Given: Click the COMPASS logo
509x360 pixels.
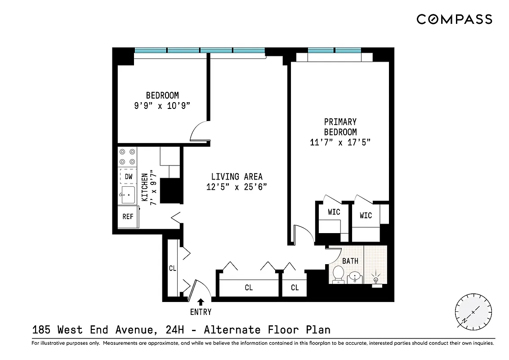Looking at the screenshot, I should pos(454,19).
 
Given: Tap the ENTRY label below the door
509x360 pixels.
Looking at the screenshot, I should pos(201,312).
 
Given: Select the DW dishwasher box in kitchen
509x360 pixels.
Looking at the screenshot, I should pos(128,176).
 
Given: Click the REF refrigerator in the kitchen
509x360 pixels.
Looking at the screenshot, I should pos(128,216).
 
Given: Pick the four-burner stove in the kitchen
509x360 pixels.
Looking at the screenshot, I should pos(127,157).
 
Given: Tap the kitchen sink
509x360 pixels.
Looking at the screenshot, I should pos(128,195).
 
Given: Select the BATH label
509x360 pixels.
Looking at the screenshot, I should pos(350,261).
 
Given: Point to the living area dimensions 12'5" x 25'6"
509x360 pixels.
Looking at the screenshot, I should pos(237,187).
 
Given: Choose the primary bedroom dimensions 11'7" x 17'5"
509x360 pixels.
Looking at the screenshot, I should pos(340,143).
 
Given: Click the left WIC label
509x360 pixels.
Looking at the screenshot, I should pos(334,212).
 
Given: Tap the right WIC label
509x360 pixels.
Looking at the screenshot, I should pos(366,216).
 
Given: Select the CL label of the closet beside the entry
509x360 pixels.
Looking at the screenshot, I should pos(172,268).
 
